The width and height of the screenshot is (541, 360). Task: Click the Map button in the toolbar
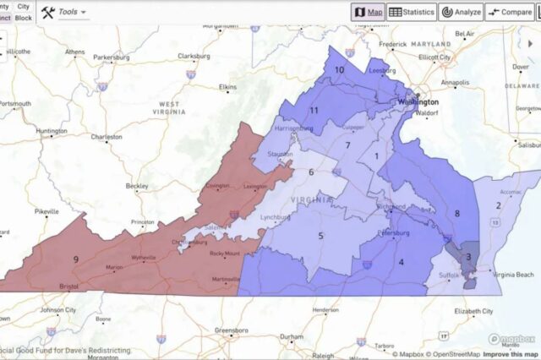pyautogui.click(x=368, y=12)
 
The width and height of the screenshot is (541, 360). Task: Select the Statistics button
pyautogui.click(x=412, y=12)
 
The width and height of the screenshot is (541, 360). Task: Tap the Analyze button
pyautogui.click(x=461, y=12)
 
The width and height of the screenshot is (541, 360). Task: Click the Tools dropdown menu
pyautogui.click(x=64, y=12)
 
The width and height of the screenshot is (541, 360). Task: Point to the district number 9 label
pyautogui.click(x=76, y=259)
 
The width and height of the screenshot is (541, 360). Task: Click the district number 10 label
pyautogui.click(x=339, y=69)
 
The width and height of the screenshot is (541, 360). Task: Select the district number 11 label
pyautogui.click(x=314, y=110)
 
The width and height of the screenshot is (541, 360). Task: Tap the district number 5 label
pyautogui.click(x=321, y=236)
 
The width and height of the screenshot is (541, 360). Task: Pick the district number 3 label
pyautogui.click(x=468, y=257)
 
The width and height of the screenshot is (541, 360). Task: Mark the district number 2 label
pyautogui.click(x=499, y=205)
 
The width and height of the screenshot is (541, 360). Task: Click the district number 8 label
pyautogui.click(x=457, y=214)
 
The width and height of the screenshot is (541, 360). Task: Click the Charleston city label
pyautogui.click(x=107, y=137)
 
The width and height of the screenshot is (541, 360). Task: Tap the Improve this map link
pyautogui.click(x=509, y=354)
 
